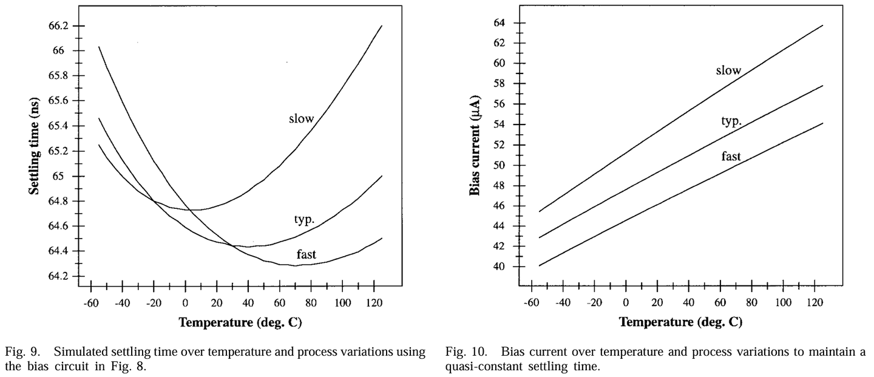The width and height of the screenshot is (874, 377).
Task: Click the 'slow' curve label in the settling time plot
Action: tap(301, 118)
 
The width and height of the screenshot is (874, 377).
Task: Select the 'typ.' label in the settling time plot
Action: tap(304, 220)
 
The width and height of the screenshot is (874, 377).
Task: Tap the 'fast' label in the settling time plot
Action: tap(306, 254)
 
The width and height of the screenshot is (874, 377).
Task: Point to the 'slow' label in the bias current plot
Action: tap(728, 70)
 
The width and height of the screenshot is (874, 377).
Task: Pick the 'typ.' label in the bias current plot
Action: tap(731, 121)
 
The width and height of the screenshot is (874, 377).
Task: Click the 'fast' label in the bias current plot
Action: tap(731, 156)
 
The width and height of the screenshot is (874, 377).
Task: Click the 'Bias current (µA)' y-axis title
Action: tap(475, 145)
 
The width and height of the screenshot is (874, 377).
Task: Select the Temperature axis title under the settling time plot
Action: tap(240, 322)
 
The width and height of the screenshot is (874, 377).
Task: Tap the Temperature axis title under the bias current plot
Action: tap(680, 322)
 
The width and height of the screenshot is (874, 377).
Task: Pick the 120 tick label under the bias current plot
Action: tap(813, 302)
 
